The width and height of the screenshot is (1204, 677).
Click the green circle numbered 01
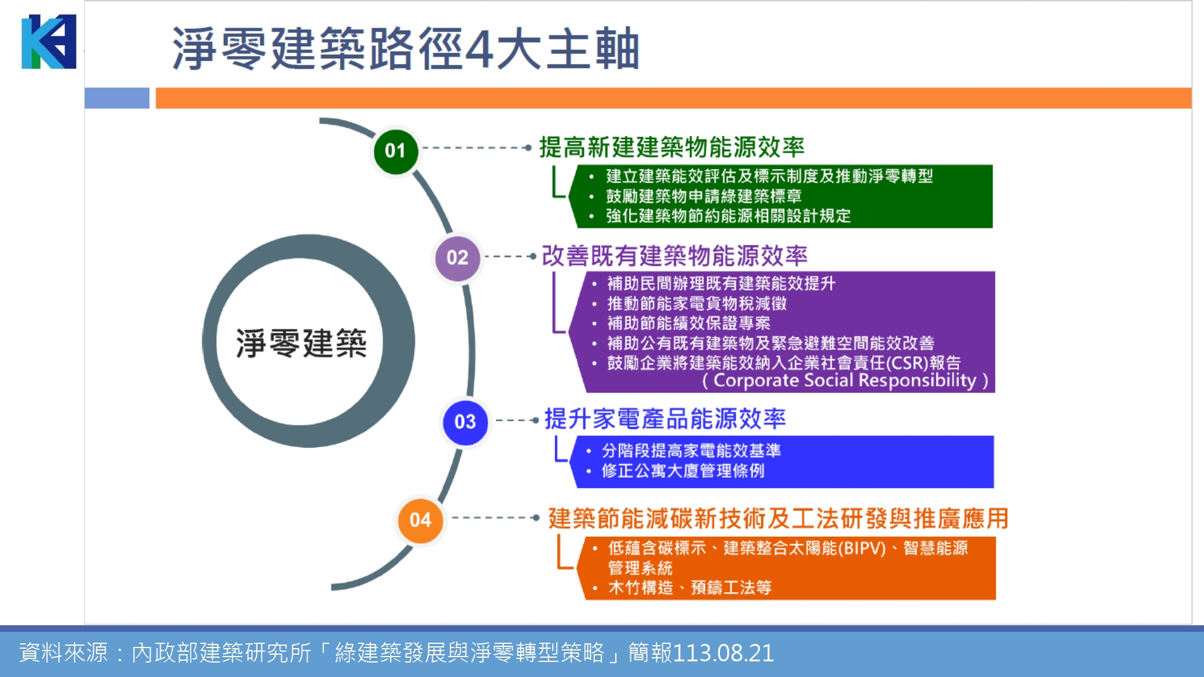coord(395,150)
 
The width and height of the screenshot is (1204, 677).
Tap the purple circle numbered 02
coord(458,258)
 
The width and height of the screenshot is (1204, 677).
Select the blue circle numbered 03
coord(465,422)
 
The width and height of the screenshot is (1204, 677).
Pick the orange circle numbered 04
coord(420,520)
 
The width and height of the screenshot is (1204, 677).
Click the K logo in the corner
coord(49,42)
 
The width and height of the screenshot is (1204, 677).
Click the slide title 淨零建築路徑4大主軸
coord(405,48)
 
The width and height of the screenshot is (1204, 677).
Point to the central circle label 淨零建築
coord(301,343)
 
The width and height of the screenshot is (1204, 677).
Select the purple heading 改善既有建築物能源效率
coord(674,256)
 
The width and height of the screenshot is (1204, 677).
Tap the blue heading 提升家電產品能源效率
coord(665,419)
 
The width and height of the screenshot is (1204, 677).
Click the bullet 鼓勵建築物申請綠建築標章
coord(703,196)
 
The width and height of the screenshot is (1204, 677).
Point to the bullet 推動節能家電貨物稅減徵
coord(697,303)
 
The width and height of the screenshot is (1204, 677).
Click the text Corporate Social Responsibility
coord(845,380)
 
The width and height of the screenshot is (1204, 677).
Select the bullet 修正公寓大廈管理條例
coord(683,471)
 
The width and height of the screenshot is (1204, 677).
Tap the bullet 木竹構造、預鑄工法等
coord(689,587)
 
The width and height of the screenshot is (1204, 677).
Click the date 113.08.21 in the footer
coord(723,653)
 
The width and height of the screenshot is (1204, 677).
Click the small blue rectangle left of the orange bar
coord(117,98)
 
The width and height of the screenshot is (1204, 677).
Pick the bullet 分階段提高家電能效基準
coord(691,451)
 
